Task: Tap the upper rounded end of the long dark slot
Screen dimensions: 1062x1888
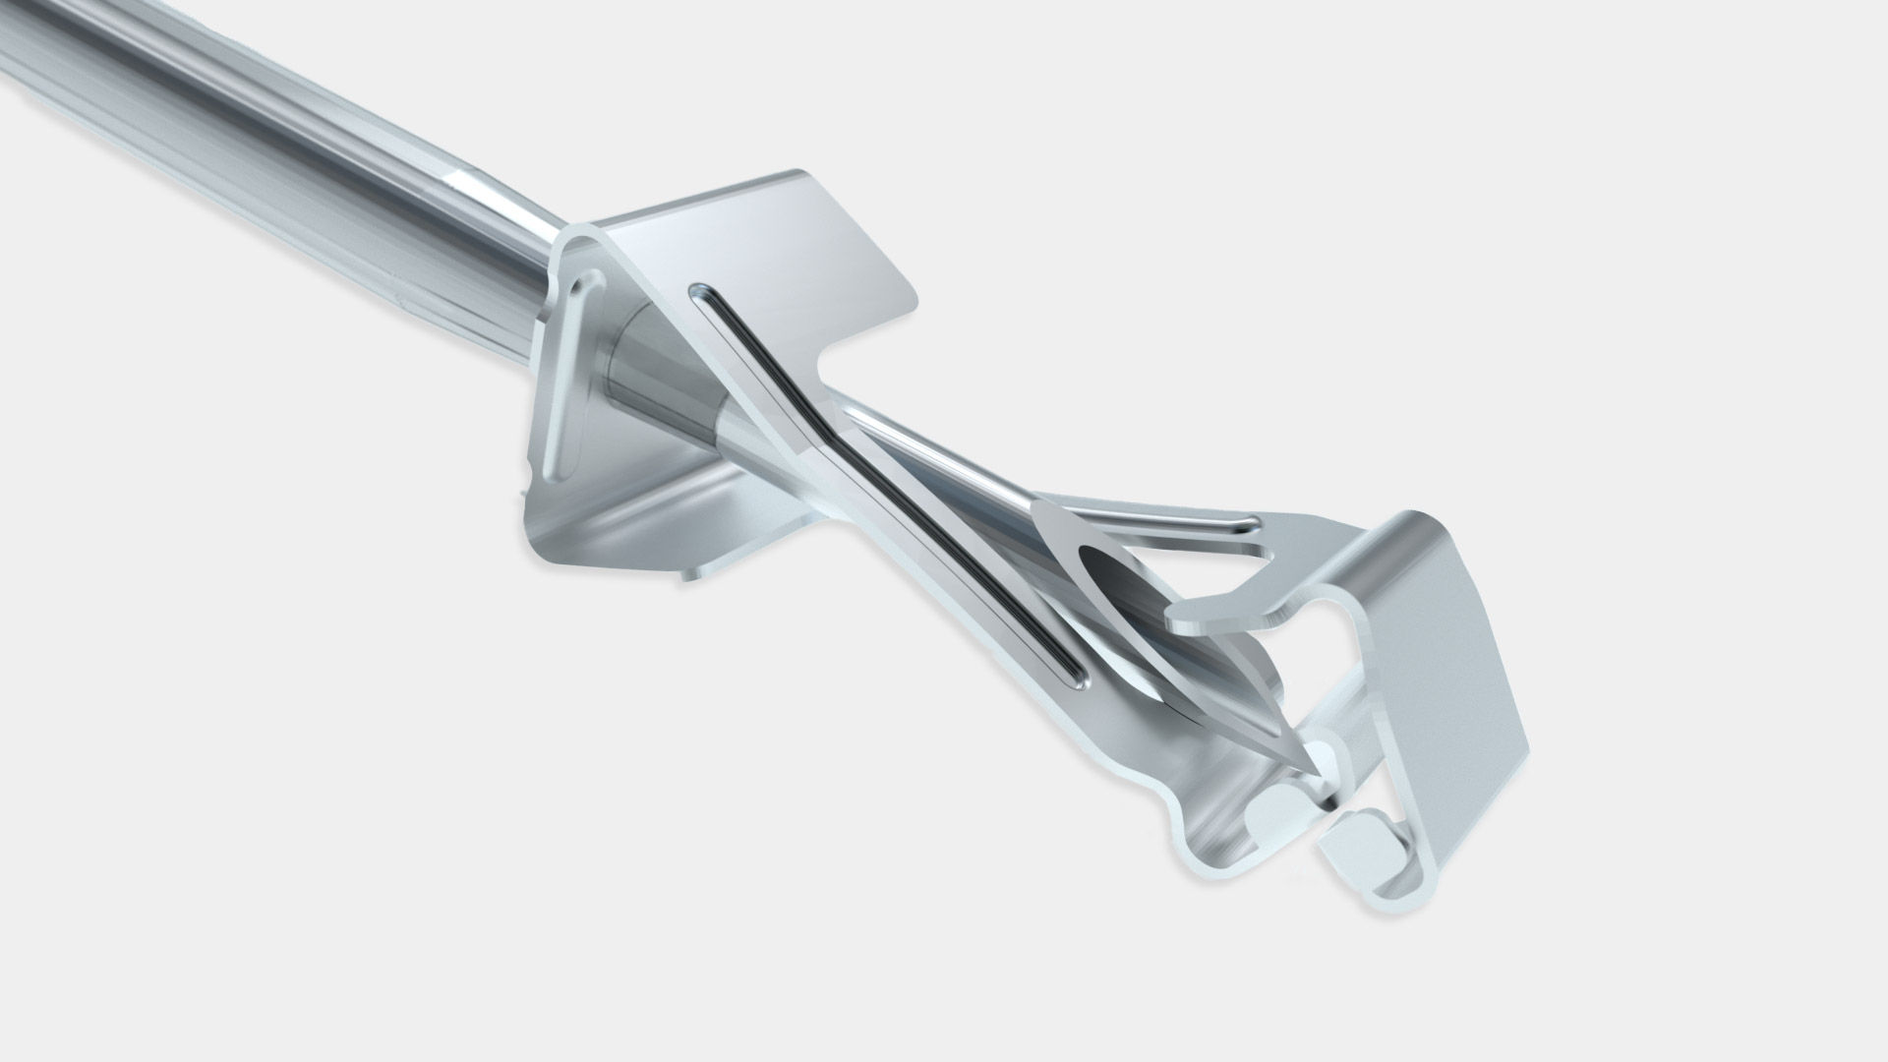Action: point(700,292)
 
